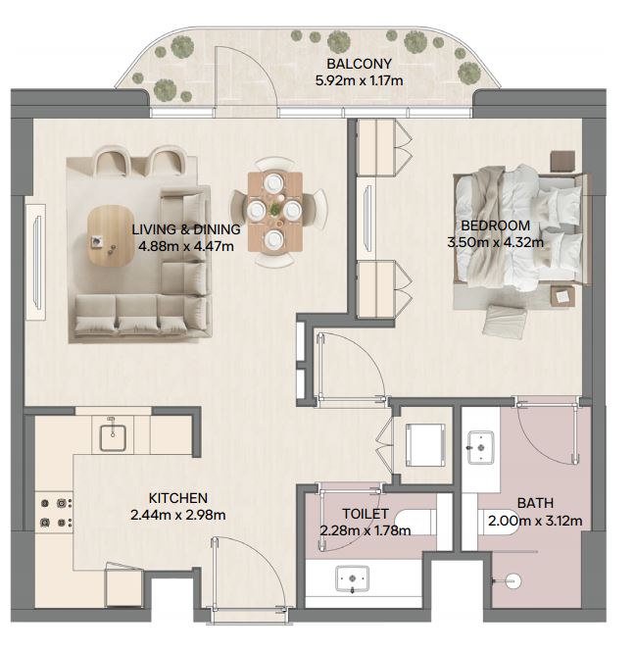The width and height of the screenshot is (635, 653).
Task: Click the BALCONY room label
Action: [359, 64]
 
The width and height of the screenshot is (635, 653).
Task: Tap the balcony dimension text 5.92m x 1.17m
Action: [359, 80]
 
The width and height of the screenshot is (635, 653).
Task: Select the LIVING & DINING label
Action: [186, 229]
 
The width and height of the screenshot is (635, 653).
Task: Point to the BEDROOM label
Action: [496, 226]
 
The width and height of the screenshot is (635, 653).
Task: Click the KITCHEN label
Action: [178, 498]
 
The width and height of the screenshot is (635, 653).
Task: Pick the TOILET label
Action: [366, 514]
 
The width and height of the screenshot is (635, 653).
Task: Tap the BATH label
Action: [535, 503]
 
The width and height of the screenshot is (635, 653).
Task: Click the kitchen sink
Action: [113, 437]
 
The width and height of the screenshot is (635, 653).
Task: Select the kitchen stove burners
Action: [56, 513]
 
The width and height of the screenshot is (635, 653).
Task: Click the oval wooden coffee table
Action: [110, 235]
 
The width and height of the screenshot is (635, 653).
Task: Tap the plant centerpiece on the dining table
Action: [275, 210]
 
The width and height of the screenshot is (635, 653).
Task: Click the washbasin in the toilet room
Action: [353, 578]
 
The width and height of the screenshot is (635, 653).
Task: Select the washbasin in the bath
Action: [481, 448]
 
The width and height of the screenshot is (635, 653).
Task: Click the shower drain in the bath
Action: [513, 581]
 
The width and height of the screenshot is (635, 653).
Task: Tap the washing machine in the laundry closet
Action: [425, 445]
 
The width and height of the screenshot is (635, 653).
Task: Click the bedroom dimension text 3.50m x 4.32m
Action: [495, 242]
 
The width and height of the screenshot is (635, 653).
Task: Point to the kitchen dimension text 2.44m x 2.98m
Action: [178, 515]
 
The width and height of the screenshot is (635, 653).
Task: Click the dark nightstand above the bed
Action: [563, 161]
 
